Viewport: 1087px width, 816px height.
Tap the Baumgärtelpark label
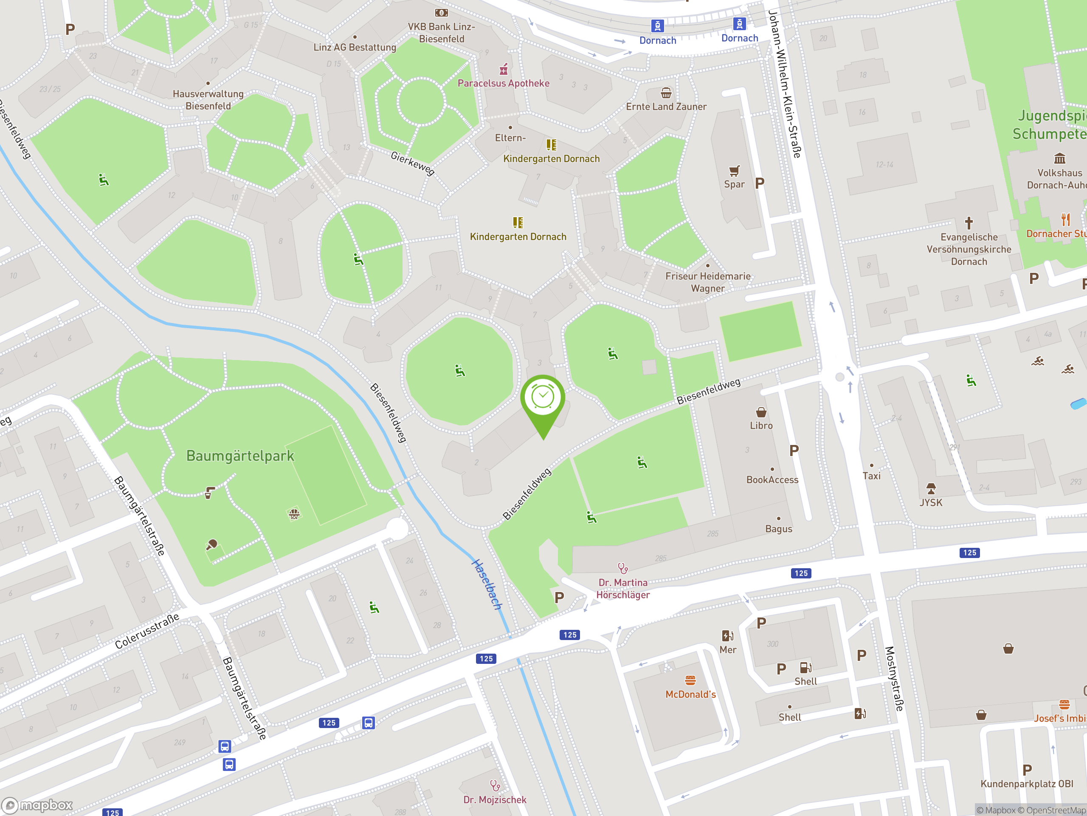tap(240, 456)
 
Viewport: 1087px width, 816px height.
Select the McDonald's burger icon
tap(690, 680)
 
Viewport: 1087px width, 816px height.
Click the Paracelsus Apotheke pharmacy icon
tap(503, 69)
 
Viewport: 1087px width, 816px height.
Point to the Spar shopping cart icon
tap(734, 171)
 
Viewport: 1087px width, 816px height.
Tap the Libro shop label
tap(761, 425)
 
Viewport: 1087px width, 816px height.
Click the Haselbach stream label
tap(487, 584)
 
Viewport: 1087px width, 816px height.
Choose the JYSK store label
tap(931, 503)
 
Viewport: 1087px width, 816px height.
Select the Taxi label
tap(871, 476)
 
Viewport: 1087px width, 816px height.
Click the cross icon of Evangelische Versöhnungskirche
tap(969, 223)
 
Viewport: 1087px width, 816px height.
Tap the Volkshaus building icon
tap(1059, 159)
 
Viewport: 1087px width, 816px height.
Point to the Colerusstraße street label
tap(147, 631)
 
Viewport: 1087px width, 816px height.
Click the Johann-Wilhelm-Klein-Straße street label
tap(785, 84)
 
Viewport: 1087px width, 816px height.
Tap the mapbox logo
tap(38, 805)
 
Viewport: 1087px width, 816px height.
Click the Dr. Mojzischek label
tap(494, 800)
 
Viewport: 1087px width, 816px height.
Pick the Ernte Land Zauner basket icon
tap(666, 93)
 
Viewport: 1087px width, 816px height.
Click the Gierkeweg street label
tap(412, 163)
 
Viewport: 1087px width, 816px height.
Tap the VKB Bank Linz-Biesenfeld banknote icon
tap(441, 13)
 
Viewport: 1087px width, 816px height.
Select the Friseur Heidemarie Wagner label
tap(708, 282)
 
